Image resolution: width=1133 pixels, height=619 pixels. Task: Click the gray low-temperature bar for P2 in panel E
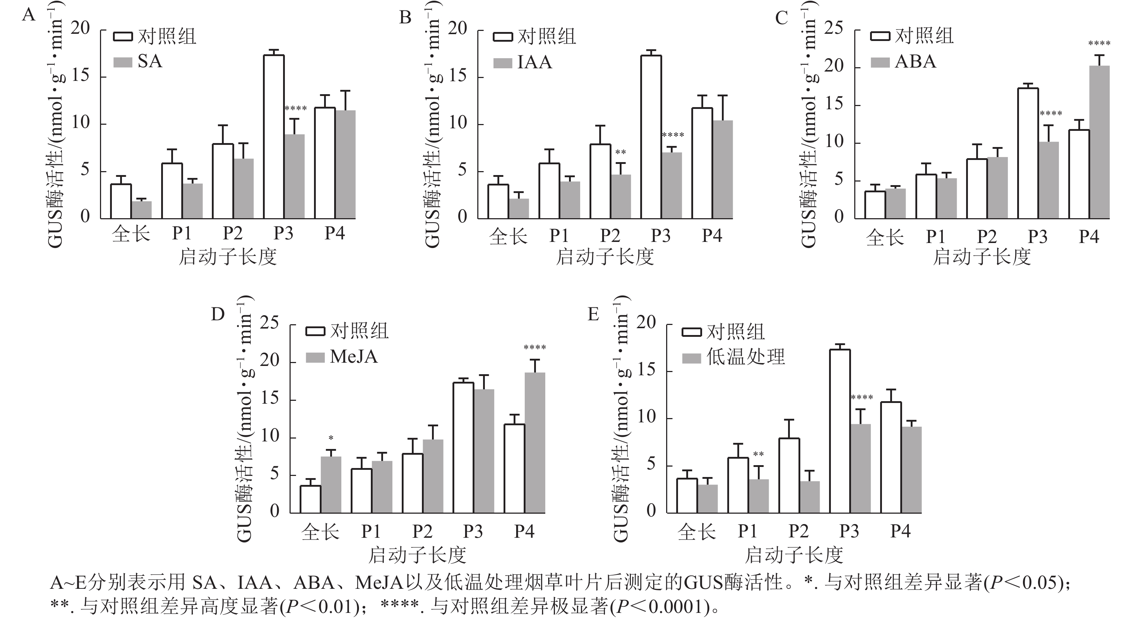click(810, 497)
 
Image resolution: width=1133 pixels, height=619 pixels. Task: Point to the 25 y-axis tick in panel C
click(833, 28)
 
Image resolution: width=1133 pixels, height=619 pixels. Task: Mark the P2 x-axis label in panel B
click(610, 236)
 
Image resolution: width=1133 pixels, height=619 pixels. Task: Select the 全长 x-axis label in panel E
click(697, 532)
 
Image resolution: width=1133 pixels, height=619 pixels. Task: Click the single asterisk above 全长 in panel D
click(331, 438)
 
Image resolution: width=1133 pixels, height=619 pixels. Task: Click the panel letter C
click(782, 18)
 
